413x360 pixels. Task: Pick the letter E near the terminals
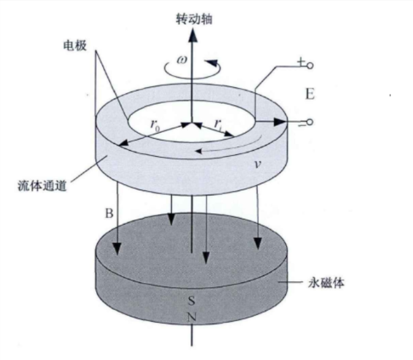(x=309, y=95)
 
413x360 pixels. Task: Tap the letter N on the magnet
(x=191, y=317)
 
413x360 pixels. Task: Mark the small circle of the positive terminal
(x=311, y=66)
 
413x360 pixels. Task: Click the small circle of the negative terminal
(x=311, y=121)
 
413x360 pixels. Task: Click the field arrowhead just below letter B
(x=118, y=251)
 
